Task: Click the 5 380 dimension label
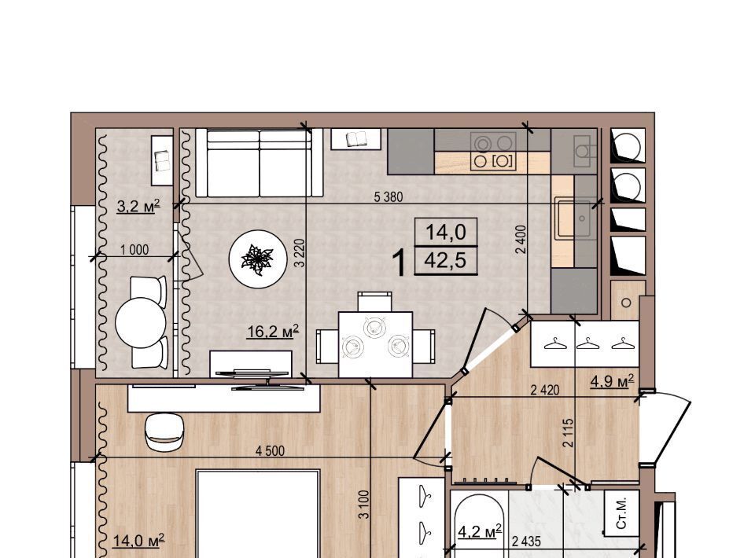388,196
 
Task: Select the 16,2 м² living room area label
273,331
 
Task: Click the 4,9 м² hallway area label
612,381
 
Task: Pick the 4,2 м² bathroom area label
480,531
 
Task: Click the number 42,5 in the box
445,261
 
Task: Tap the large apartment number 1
400,262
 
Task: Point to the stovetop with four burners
493,151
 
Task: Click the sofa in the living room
259,163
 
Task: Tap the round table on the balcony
141,322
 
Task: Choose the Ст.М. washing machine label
621,512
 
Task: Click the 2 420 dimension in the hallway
544,390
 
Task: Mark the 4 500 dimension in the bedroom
270,451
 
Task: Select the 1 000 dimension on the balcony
134,250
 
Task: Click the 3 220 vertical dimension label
300,253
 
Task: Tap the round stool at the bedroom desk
164,431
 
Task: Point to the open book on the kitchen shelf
357,139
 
